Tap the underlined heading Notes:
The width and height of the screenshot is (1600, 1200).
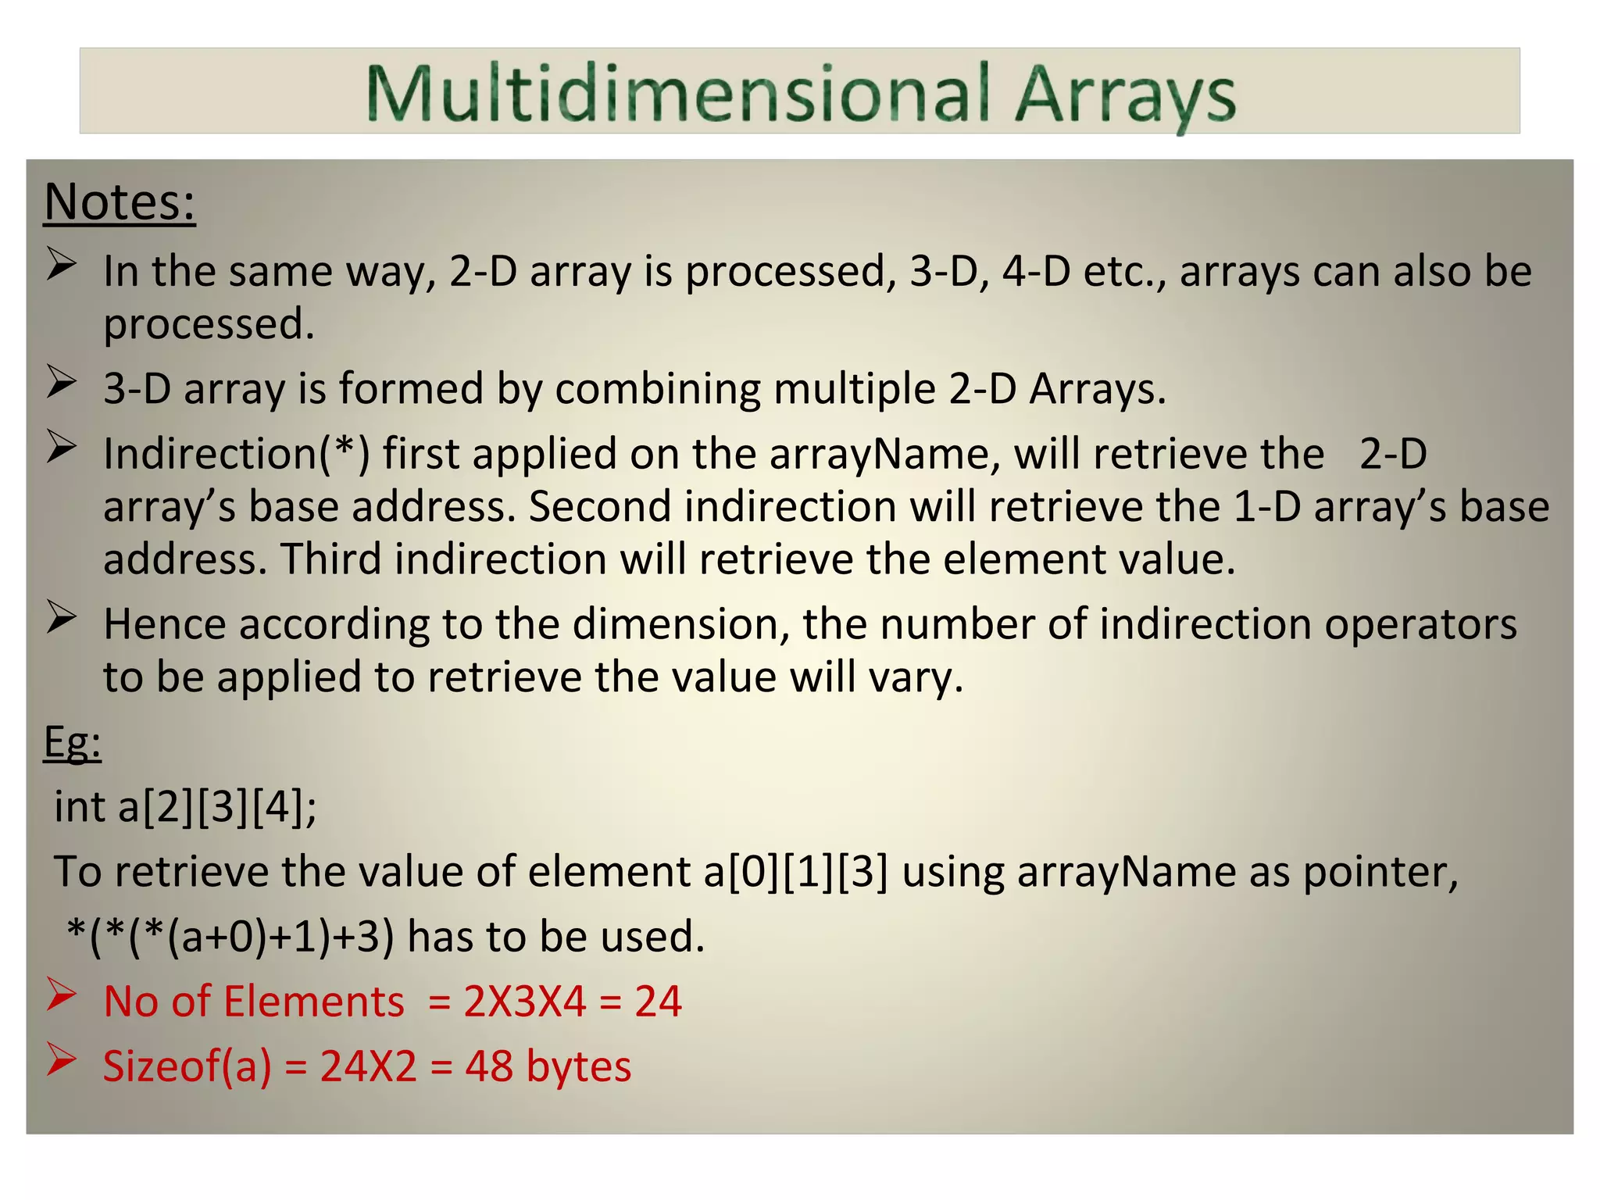(120, 202)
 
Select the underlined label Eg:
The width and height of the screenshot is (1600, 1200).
(73, 741)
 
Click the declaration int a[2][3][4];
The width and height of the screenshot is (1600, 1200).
(186, 806)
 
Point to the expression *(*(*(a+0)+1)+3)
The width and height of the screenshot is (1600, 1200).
(230, 936)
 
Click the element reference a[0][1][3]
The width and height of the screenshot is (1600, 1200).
(795, 871)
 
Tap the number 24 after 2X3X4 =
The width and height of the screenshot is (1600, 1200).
(658, 1001)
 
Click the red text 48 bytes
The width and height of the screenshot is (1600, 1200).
(548, 1066)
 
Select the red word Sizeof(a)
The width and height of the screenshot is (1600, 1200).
(187, 1066)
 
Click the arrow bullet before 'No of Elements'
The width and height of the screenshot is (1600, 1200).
(61, 995)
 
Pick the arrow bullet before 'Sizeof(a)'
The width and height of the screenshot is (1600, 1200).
(61, 1060)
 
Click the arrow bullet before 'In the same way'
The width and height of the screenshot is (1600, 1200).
(61, 264)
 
